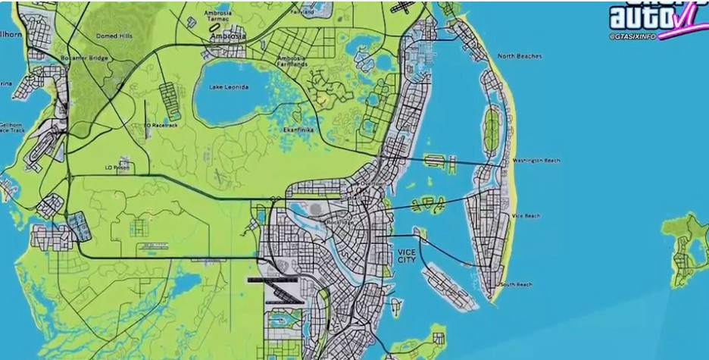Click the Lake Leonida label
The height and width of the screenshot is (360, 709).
point(230,86)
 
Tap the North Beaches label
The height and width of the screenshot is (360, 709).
point(519,56)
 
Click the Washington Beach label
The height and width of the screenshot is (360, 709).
point(536,161)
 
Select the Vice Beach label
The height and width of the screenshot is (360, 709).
point(526,216)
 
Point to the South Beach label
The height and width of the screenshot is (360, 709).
point(516,284)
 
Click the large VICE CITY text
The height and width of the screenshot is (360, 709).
point(407,255)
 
